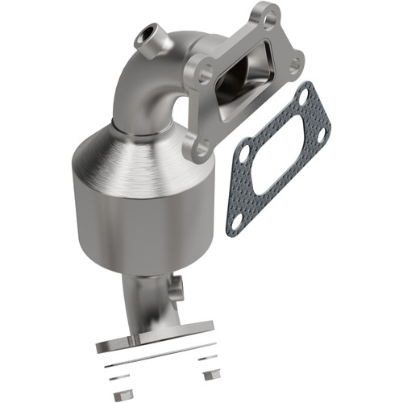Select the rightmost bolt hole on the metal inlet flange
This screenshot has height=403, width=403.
click(x=295, y=62)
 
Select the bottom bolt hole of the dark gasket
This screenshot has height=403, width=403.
click(x=235, y=218)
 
